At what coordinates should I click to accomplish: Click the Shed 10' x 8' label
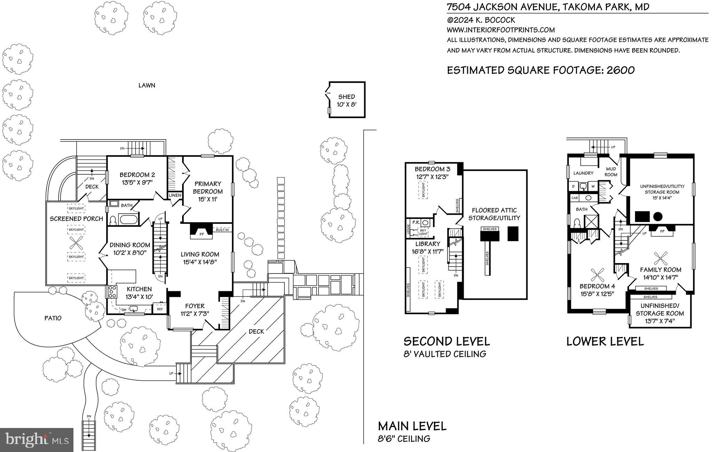point(347,100)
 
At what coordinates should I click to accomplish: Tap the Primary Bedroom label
point(208,188)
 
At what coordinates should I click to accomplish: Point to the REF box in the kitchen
point(160,309)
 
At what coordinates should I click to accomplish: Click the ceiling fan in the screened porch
point(77,243)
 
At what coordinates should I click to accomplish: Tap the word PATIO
point(53,318)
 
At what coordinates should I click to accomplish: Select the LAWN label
point(147,85)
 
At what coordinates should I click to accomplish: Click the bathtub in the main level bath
point(128,220)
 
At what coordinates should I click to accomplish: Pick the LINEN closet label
point(175,196)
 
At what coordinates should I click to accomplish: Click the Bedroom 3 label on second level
point(432,169)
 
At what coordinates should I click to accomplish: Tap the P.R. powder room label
point(416,222)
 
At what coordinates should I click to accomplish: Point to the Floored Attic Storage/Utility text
point(494,214)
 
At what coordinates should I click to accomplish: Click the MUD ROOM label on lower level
point(611,172)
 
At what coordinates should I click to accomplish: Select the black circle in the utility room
point(657,216)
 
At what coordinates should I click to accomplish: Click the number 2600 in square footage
point(621,70)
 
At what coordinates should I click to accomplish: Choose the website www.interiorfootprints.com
point(501,30)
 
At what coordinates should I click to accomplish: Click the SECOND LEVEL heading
point(446,341)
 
